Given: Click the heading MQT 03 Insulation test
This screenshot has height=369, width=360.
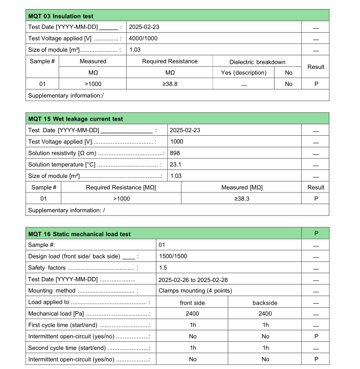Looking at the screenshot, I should [x=61, y=17].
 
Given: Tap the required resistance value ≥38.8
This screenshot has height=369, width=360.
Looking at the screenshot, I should [x=169, y=84].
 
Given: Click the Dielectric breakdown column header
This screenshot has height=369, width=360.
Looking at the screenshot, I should [x=257, y=62].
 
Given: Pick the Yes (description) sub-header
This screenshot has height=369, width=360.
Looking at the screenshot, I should [x=243, y=73].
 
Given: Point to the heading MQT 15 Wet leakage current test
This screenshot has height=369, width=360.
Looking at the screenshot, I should [x=75, y=119].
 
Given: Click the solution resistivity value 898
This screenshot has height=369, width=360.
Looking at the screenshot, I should [x=175, y=153].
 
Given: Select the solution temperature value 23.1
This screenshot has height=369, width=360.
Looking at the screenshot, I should [x=176, y=164].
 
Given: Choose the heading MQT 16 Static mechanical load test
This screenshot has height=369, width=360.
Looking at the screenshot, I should [x=79, y=234].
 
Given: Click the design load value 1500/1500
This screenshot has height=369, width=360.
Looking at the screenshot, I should [x=173, y=256].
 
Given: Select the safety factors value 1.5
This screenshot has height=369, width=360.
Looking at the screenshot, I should [x=162, y=268].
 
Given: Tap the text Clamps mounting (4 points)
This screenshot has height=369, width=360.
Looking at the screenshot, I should [x=195, y=291].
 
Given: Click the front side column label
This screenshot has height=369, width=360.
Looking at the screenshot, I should [x=192, y=303].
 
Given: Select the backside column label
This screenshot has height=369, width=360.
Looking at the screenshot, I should [x=264, y=303].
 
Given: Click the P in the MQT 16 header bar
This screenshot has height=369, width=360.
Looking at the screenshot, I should [x=316, y=234].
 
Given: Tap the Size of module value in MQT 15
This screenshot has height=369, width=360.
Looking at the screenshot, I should [x=176, y=176].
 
